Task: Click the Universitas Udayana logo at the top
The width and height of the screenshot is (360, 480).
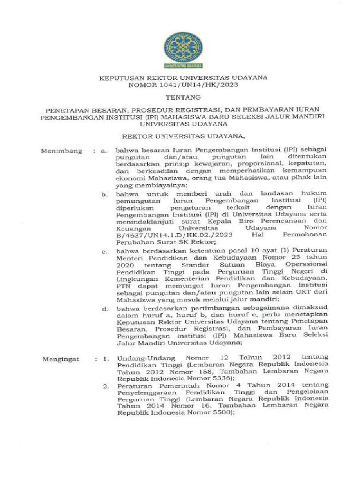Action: click(x=183, y=51)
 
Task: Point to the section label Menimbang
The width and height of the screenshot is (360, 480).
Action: click(x=61, y=151)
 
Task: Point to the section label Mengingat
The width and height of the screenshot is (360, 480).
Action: click(x=61, y=359)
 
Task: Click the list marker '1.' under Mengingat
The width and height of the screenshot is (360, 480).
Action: click(x=106, y=359)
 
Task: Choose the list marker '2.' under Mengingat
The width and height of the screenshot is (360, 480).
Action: click(x=106, y=387)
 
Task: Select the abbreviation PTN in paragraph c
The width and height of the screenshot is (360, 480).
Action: click(x=124, y=285)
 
